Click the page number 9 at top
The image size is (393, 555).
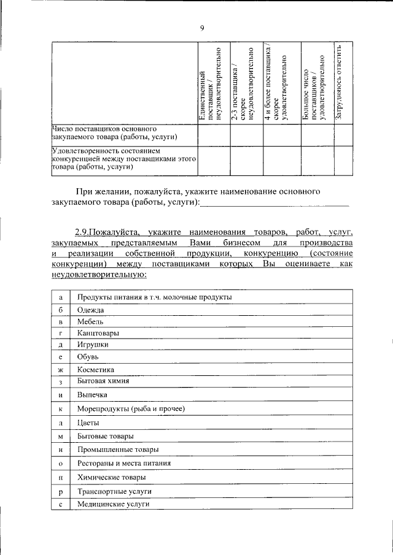click(201, 26)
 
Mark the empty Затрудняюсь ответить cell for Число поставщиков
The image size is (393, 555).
click(343, 134)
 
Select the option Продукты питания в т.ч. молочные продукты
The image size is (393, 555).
click(155, 297)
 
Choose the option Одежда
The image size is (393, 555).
click(91, 310)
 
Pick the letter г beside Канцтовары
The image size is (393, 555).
click(61, 333)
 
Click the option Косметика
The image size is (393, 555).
click(96, 369)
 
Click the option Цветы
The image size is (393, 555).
click(88, 423)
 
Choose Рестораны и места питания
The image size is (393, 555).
click(124, 464)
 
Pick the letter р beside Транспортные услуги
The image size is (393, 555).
click(61, 492)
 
